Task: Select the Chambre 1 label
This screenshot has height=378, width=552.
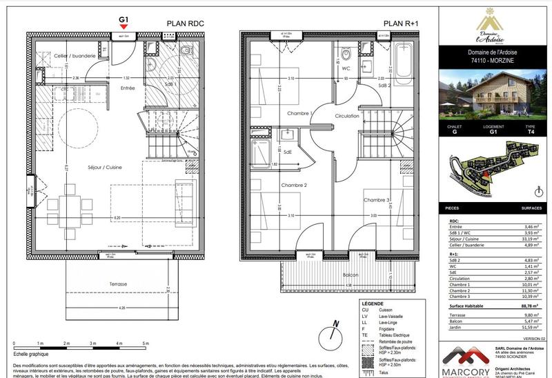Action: [301, 112]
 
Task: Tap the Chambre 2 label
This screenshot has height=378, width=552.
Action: [294, 186]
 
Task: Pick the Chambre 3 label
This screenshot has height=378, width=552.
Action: [377, 200]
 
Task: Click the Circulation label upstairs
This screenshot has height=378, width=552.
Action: [348, 116]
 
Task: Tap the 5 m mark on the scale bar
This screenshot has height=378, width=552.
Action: [146, 343]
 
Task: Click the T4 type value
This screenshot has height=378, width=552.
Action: [530, 134]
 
